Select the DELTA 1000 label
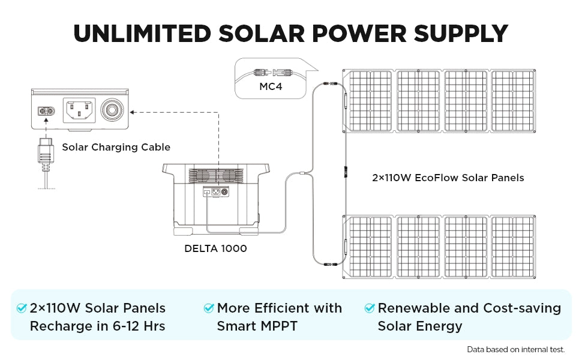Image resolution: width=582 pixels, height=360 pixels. pyautogui.click(x=215, y=248)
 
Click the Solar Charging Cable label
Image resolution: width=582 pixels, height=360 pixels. pyautogui.click(x=116, y=147)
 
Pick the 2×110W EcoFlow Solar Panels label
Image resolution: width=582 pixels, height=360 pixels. pyautogui.click(x=448, y=178)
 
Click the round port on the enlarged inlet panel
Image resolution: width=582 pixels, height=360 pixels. pyautogui.click(x=112, y=110)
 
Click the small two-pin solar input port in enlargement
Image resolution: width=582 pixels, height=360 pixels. pyautogui.click(x=46, y=111)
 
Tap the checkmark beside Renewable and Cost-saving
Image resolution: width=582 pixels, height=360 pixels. pyautogui.click(x=370, y=308)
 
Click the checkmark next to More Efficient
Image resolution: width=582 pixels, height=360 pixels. pyautogui.click(x=209, y=308)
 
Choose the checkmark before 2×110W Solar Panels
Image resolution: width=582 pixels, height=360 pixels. pyautogui.click(x=22, y=308)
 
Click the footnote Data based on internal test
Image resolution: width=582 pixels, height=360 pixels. pyautogui.click(x=515, y=349)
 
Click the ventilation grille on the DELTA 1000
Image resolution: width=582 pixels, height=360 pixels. pyautogui.click(x=218, y=176)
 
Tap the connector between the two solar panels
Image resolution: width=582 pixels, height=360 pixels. pyautogui.click(x=346, y=172)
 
